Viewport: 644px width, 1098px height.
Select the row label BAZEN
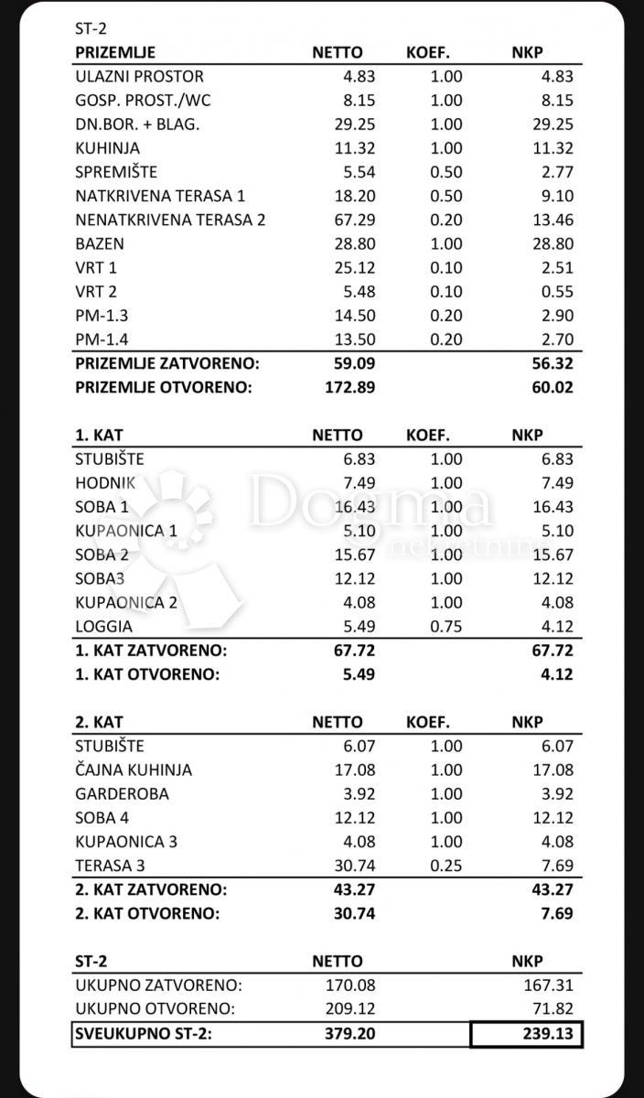tap(100, 244)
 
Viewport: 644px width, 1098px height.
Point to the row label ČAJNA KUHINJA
tap(134, 770)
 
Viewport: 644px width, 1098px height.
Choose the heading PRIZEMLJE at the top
tap(115, 53)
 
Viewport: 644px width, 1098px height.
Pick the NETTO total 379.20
tap(349, 1035)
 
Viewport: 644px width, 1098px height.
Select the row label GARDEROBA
tap(122, 794)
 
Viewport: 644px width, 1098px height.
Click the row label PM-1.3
tap(101, 316)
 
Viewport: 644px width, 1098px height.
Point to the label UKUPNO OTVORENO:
tap(156, 1009)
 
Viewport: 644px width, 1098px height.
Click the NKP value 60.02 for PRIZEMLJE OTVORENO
tap(553, 387)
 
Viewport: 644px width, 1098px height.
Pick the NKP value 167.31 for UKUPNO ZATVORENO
tap(548, 985)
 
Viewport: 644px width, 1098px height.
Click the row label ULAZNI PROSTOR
tap(139, 77)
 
